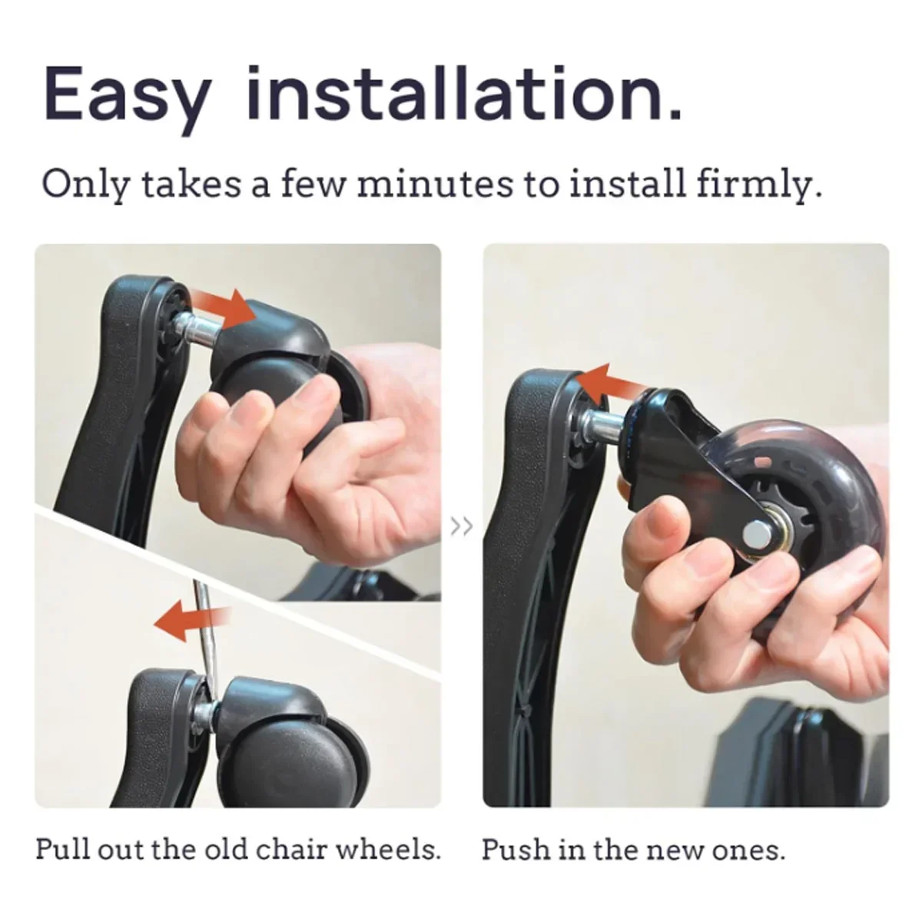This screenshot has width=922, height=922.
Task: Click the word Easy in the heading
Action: coord(127,97)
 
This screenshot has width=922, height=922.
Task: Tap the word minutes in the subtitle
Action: coord(434,185)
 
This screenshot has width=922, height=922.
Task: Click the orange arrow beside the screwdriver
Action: coord(191,620)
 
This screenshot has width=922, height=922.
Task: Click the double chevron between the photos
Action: coord(462,527)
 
